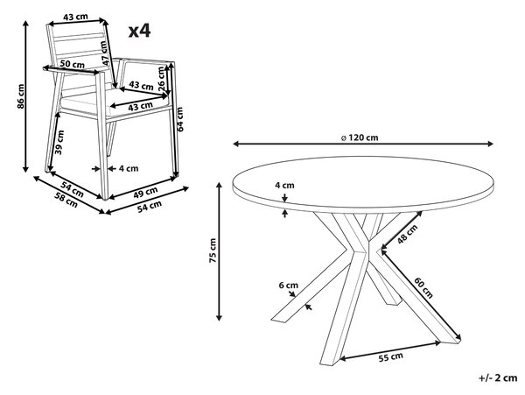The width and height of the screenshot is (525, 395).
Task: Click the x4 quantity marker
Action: pos(140,31)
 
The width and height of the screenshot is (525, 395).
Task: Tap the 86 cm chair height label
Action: pos(21,95)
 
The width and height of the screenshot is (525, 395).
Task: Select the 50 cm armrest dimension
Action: pos(72,64)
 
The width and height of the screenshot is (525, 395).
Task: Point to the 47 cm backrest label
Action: pos(105,53)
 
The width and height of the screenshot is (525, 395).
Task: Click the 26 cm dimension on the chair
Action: pos(161,79)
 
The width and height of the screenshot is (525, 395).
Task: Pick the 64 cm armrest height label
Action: pos(179,119)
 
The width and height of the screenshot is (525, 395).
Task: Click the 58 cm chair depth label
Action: pos(66,200)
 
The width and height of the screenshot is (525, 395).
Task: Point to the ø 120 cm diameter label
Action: pos(360,138)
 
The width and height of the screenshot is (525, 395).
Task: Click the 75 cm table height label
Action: pos(213,250)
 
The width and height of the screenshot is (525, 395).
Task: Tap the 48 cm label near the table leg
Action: pos(408,234)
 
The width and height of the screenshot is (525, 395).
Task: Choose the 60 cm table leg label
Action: pos(423,287)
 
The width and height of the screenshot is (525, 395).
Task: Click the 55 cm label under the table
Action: pos(391,357)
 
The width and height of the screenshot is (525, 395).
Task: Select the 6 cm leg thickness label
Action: pos(288,286)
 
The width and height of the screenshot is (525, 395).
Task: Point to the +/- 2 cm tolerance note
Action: pos(498,377)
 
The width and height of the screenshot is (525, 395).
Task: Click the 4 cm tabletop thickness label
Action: pos(284,185)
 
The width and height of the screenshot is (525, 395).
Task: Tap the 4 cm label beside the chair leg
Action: pos(129,168)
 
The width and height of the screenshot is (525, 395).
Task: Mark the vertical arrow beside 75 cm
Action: pos(220,251)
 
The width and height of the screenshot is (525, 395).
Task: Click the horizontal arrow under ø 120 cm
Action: pos(363,144)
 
